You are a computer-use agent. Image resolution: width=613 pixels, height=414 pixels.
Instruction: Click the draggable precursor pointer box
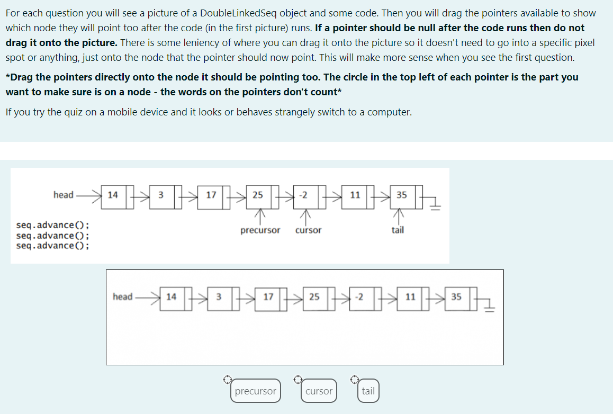pos(255,391)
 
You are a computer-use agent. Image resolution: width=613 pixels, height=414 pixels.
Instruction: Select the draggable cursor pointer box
pos(319,391)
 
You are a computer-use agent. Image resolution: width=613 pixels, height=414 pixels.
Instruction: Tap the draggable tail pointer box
pos(368,391)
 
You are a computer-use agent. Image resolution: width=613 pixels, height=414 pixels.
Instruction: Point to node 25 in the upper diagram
pos(258,195)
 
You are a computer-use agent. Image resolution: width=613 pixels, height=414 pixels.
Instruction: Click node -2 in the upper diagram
pos(303,195)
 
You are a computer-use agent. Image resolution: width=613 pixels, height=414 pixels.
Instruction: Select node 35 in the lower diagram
pos(456,297)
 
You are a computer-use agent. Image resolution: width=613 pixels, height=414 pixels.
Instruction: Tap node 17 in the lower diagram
pos(268,297)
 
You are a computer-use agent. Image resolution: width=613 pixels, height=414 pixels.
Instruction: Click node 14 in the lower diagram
pos(171,297)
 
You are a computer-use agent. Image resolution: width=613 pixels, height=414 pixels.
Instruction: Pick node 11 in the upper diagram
pos(355,195)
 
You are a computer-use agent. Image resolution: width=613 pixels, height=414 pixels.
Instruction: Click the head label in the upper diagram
pos(64,195)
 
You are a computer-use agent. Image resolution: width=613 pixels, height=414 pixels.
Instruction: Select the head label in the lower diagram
pos(122,296)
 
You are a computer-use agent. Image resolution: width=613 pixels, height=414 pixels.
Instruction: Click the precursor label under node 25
pos(260,230)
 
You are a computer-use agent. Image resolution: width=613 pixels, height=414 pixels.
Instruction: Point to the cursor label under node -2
pos(308,230)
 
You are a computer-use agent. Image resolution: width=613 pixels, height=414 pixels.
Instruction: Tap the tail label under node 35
pos(398,230)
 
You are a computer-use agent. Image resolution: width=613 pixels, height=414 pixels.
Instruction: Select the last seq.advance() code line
pos(52,246)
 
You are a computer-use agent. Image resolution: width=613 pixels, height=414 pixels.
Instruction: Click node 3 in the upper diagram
pos(160,195)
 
